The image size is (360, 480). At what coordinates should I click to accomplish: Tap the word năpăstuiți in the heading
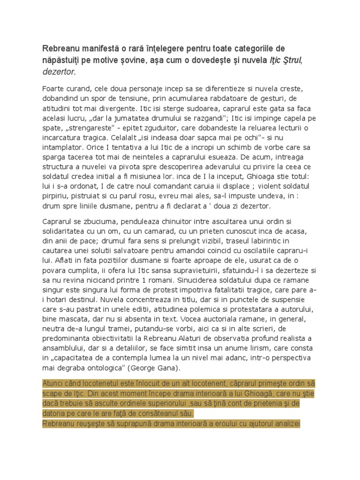[63, 60]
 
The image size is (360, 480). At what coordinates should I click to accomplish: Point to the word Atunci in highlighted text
[54, 383]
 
